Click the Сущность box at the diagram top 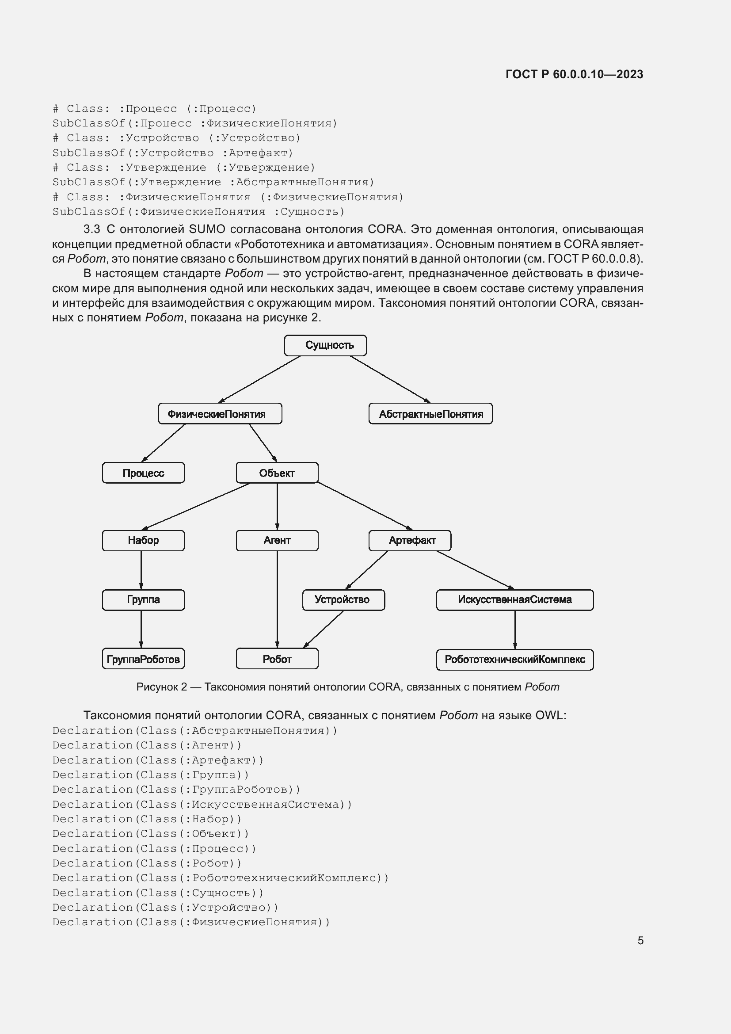click(325, 345)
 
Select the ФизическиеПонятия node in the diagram click(220, 413)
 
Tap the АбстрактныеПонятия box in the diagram click(430, 413)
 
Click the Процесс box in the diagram click(143, 473)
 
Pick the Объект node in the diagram click(277, 473)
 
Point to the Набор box click(143, 540)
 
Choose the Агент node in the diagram click(277, 540)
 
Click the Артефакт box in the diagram click(410, 540)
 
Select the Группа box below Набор click(143, 599)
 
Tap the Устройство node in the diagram click(343, 599)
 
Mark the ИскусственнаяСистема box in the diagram click(514, 599)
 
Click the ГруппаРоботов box click(143, 659)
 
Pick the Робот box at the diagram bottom click(277, 659)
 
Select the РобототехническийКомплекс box click(514, 659)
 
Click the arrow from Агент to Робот click(277, 599)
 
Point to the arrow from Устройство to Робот click(324, 629)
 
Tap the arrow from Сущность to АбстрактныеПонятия click(390, 379)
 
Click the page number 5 click(640, 940)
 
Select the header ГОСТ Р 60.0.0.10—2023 click(574, 74)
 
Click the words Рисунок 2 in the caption click(162, 687)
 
